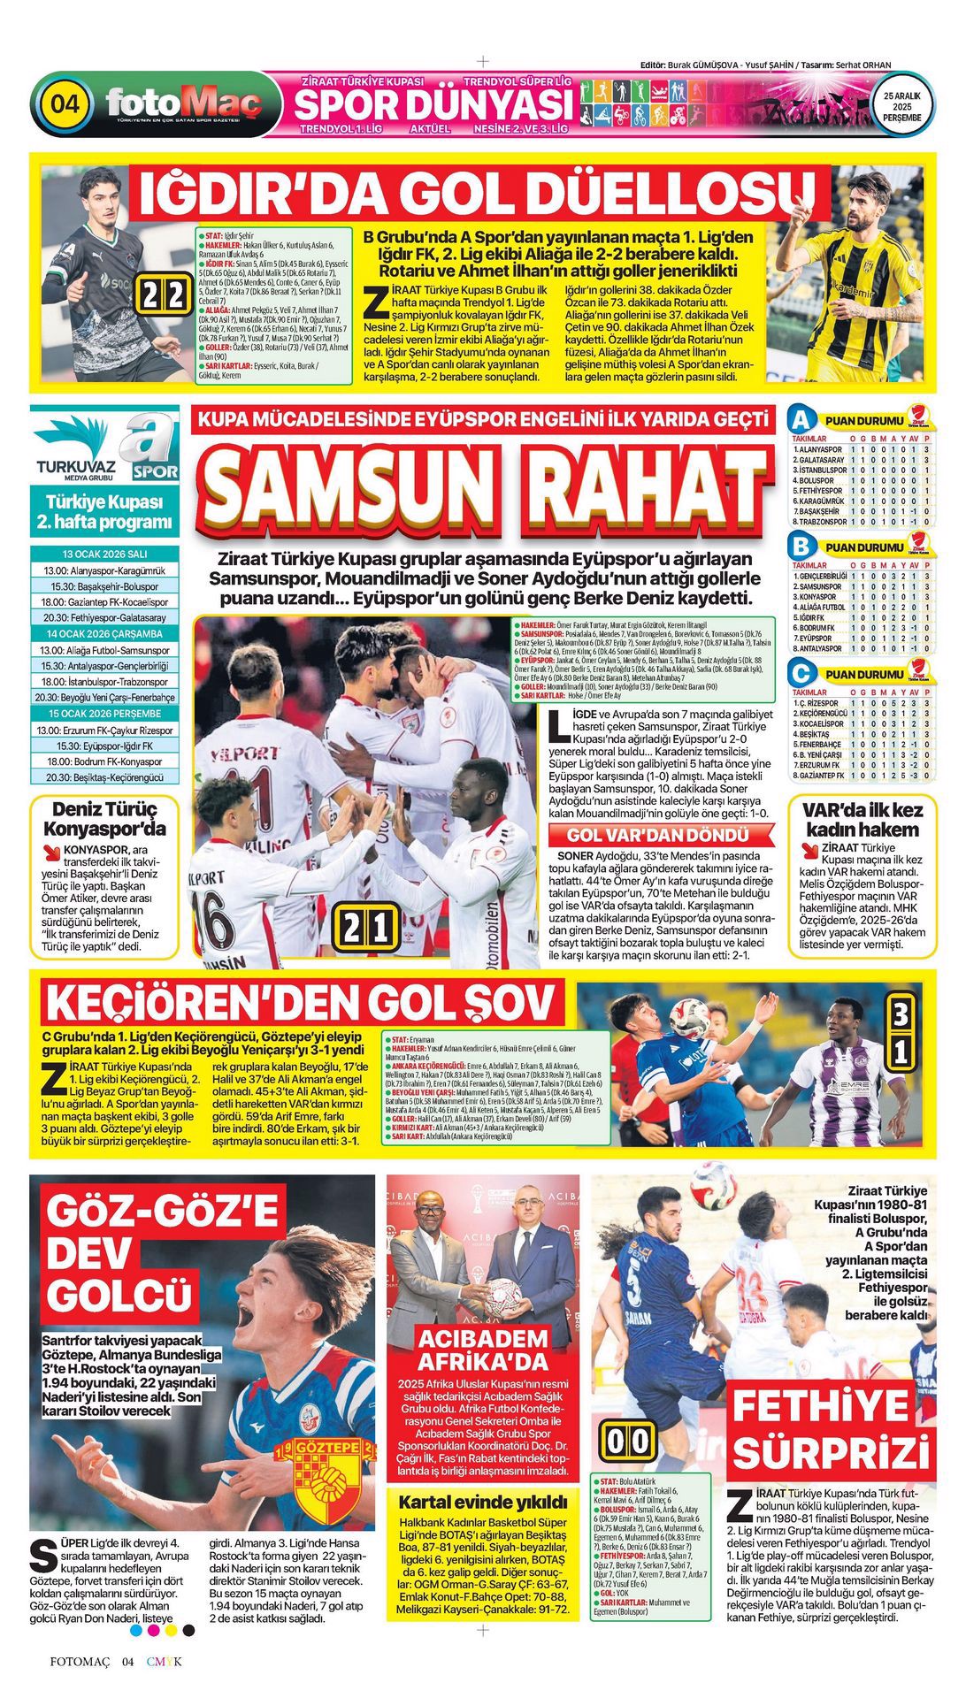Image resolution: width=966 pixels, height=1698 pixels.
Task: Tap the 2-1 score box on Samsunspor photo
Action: tap(365, 928)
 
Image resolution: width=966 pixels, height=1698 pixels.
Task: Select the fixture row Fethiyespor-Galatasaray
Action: tap(104, 617)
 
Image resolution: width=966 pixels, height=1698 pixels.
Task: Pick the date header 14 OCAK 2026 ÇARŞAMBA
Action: tap(104, 633)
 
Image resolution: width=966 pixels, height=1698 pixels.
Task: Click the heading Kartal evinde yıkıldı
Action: tap(482, 1502)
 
